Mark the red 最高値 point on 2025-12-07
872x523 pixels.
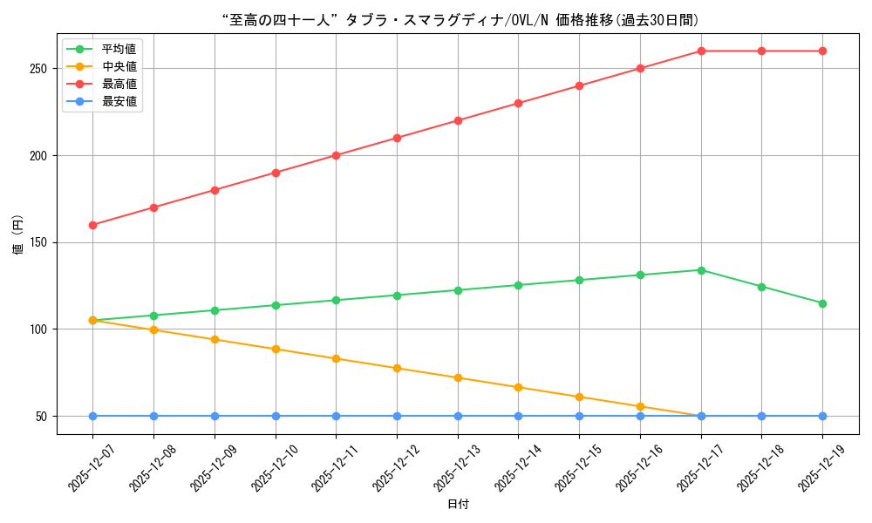[92, 225]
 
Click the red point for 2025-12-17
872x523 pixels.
[701, 51]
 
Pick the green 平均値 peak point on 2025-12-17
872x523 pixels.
[701, 270]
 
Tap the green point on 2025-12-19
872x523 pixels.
[822, 303]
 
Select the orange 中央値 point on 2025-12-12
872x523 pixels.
[397, 368]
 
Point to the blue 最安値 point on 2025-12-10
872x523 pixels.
[276, 416]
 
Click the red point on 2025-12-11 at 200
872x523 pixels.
[336, 155]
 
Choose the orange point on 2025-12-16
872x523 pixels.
[640, 406]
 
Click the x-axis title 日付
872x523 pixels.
[458, 505]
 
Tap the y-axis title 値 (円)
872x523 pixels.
[18, 235]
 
